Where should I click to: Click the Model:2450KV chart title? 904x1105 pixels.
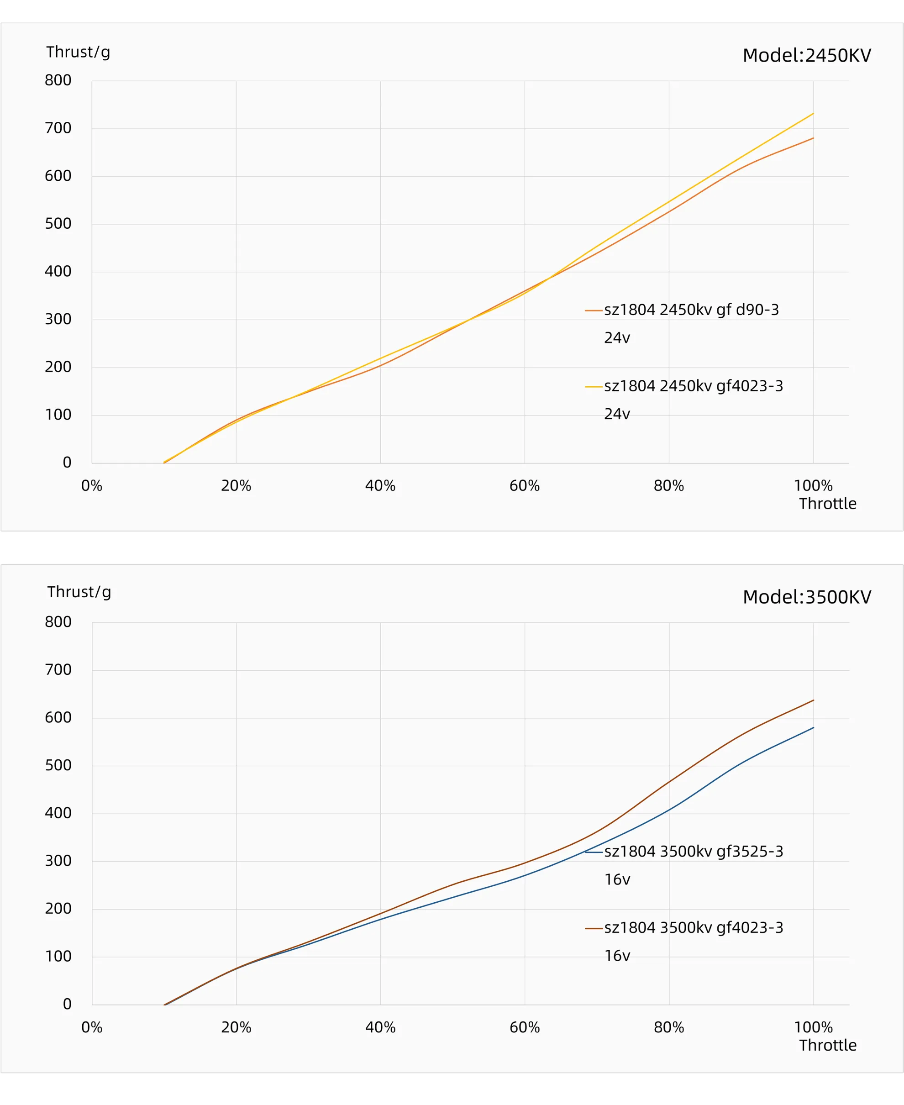806,55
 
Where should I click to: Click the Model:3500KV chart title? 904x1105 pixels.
806,597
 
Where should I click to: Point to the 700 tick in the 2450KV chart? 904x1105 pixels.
58,128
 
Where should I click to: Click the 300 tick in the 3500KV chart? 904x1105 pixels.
58,861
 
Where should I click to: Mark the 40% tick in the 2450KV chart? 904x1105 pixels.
380,486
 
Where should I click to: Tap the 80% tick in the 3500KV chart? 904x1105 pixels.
668,1027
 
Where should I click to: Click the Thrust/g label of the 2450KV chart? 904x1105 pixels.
78,52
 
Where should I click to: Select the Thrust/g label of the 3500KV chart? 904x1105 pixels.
79,592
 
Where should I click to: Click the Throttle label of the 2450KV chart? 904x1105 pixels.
827,504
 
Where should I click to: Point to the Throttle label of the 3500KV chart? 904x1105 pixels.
827,1045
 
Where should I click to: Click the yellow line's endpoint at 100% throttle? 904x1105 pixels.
813,114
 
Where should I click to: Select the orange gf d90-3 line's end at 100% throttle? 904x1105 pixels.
813,138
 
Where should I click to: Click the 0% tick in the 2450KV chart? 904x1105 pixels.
92,486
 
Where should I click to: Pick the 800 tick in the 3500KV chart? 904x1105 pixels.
58,622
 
